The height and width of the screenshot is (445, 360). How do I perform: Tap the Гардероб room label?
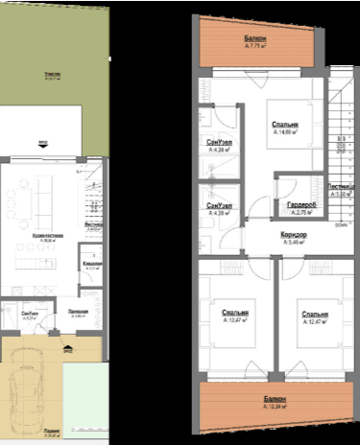pyautogui.click(x=289, y=208)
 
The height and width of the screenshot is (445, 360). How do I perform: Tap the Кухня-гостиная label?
pyautogui.click(x=47, y=235)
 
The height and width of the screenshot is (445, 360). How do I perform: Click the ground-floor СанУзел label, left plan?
pyautogui.click(x=30, y=314)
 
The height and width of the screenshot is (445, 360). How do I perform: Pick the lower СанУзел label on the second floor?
pyautogui.click(x=217, y=207)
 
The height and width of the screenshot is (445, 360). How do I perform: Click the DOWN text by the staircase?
pyautogui.click(x=342, y=226)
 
